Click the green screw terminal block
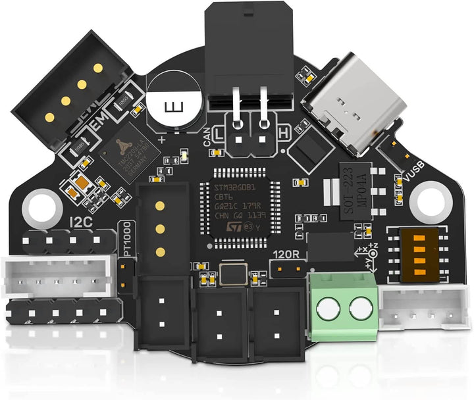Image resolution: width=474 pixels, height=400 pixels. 343,303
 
